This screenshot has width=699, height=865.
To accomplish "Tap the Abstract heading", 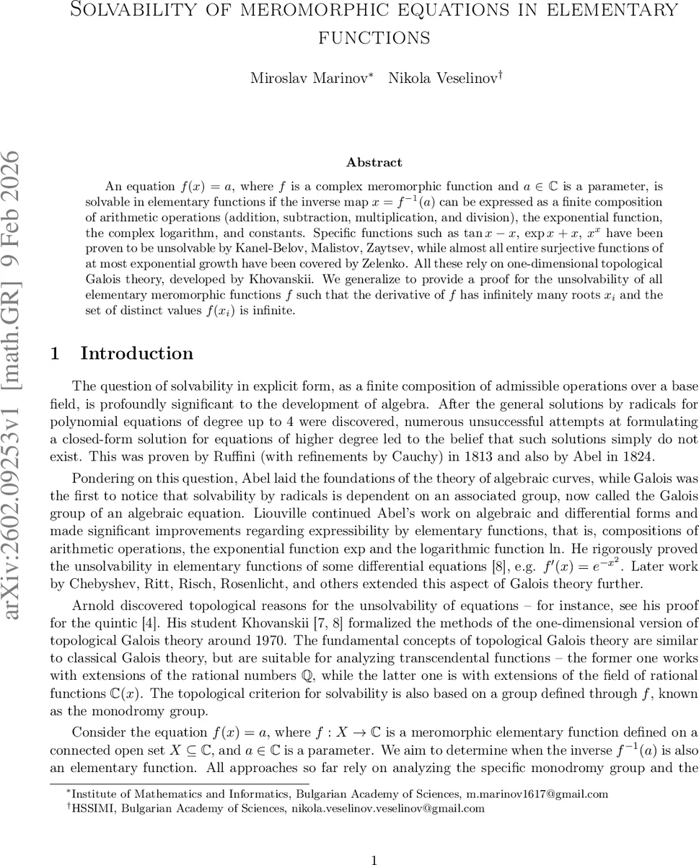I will click(374, 162).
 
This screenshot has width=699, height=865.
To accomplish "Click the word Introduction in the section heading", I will click(136, 353).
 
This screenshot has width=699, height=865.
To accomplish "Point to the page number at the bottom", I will click(374, 859).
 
